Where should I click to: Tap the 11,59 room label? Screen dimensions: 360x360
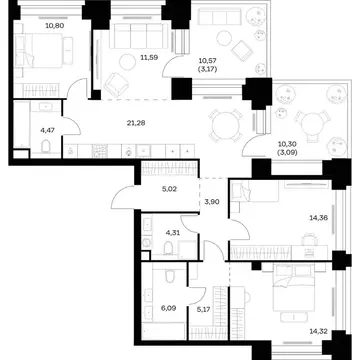pos(150,57)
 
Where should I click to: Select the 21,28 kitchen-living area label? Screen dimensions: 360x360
pos(136,123)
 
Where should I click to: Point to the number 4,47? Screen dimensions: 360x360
pos(47,130)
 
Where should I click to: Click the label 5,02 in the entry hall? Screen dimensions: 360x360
pos(170,189)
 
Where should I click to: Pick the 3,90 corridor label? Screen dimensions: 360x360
pos(212,201)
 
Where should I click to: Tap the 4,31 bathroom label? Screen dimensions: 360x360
pos(173,233)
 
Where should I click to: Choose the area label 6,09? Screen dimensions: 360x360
pos(169,308)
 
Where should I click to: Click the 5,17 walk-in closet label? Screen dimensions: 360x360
pos(204,308)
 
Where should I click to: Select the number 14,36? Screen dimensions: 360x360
pos(319,218)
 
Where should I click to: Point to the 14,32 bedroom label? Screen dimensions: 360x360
pos(319,331)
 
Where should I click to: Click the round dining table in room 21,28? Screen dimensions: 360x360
pos(226,126)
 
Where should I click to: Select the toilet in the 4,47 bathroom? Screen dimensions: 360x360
pos(46,146)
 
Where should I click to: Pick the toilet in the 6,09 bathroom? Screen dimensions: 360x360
pos(169,276)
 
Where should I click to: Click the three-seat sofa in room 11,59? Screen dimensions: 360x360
pos(139,36)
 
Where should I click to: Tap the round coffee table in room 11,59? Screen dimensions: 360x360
pos(128,62)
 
